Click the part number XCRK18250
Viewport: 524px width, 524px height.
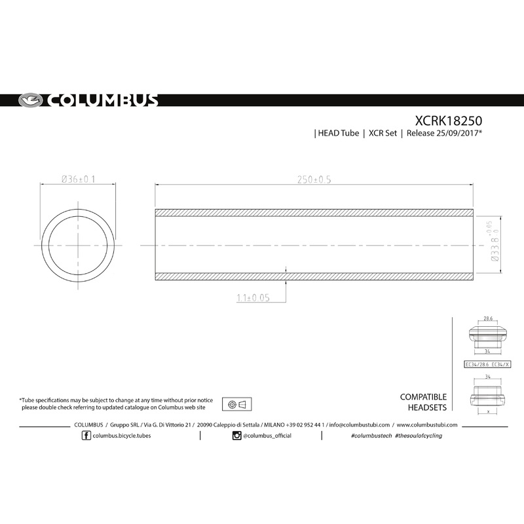[449, 121]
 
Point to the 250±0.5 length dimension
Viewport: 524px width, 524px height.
[313, 179]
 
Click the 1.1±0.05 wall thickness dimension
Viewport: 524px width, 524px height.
[253, 297]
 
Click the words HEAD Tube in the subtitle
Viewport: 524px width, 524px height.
[339, 134]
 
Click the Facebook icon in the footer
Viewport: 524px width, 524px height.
[86, 436]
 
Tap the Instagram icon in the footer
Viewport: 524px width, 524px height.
[236, 436]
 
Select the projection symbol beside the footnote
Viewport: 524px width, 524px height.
[238, 403]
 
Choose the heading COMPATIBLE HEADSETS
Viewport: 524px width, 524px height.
[423, 402]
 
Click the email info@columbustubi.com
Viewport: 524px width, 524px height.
[359, 424]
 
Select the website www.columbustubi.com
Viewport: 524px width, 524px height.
[426, 424]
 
